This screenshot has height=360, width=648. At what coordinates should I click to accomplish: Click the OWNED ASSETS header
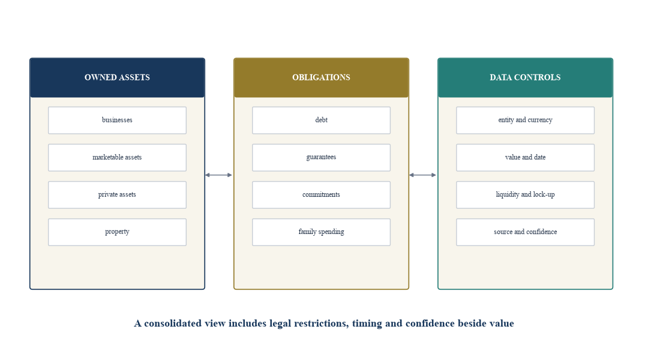118,78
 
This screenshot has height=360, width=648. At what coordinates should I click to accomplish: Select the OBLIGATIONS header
321,78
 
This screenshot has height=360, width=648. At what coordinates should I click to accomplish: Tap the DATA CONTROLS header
525,78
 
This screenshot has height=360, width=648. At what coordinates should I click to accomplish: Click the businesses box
118,120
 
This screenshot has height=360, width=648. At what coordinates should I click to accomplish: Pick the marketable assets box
118,157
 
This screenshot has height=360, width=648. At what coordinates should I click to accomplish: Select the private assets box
118,194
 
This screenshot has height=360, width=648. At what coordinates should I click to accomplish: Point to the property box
118,232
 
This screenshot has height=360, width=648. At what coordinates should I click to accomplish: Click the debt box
321,120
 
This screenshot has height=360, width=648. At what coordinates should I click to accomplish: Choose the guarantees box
321,157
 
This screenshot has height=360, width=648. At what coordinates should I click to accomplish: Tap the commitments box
321,194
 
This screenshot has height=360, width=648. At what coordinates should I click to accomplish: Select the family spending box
321,232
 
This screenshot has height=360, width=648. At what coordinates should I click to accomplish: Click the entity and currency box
525,120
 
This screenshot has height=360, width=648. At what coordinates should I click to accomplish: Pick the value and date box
525,157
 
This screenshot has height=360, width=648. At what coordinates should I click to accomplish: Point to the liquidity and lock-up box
525,194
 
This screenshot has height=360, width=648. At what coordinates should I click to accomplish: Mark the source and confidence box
525,232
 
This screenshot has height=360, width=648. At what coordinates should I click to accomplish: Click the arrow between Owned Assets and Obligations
218,175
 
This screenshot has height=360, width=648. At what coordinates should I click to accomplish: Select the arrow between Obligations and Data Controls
423,175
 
